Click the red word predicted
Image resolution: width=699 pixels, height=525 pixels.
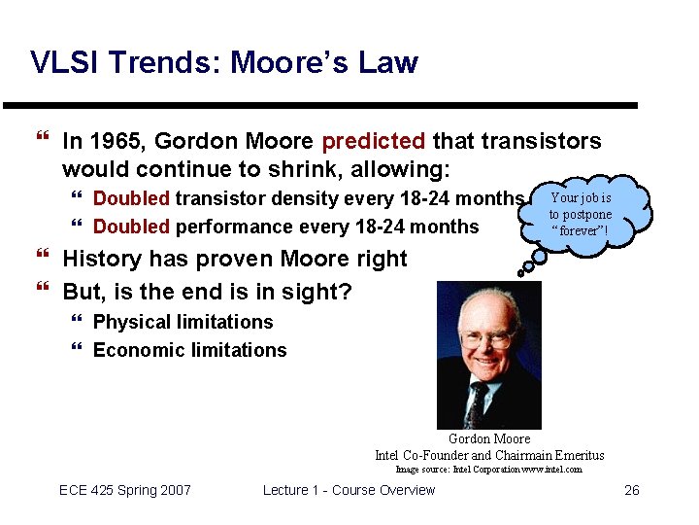click(x=373, y=142)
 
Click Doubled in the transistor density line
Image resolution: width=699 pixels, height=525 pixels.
click(x=131, y=199)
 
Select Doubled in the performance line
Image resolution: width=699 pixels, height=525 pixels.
click(x=131, y=227)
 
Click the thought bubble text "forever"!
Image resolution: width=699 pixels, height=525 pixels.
click(x=580, y=230)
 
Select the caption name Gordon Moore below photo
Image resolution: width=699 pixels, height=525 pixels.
click(x=489, y=439)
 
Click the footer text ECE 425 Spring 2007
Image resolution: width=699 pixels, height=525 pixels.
click(x=125, y=490)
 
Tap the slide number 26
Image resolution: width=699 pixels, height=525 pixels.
click(x=631, y=490)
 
